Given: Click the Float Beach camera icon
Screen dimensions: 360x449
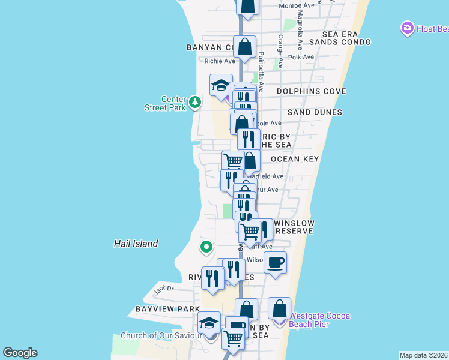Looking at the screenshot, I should (x=408, y=28).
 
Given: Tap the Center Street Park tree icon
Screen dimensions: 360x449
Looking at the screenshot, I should (x=194, y=103).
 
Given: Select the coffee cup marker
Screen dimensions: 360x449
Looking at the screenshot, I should (x=275, y=263).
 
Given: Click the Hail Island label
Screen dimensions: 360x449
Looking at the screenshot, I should (x=136, y=244).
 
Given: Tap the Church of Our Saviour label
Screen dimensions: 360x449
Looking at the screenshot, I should (x=161, y=335).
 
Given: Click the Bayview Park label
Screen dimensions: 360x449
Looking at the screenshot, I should (x=163, y=308).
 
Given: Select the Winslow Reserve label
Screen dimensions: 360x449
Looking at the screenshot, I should (x=294, y=227).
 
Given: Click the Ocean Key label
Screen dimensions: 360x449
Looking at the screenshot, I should (x=294, y=159).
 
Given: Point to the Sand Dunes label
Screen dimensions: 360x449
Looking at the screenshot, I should (x=315, y=112).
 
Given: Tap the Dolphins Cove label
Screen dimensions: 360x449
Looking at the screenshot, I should (x=311, y=91).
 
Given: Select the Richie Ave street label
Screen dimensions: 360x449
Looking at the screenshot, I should (x=219, y=61).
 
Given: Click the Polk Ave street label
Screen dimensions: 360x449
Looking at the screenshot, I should (x=301, y=57).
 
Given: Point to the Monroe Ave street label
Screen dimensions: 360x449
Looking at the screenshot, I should (x=297, y=6).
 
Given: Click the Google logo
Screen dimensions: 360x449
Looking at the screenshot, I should (x=20, y=353).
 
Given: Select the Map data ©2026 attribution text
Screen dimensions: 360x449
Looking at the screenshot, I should (x=423, y=355).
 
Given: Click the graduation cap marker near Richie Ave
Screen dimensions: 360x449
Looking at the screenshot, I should (x=221, y=85).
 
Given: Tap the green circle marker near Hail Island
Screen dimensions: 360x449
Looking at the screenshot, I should (x=206, y=247).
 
